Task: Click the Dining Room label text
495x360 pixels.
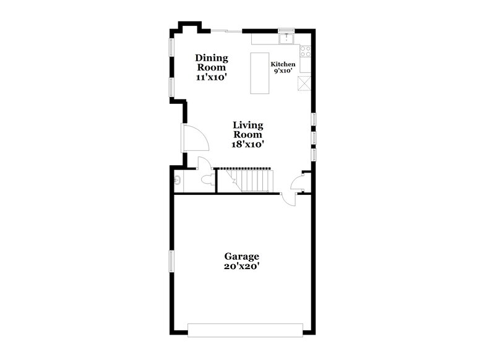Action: pyautogui.click(x=212, y=62)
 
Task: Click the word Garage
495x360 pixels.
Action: pyautogui.click(x=241, y=256)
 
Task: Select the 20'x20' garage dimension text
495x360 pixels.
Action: pyautogui.click(x=241, y=267)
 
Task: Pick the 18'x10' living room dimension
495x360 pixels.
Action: pyautogui.click(x=248, y=144)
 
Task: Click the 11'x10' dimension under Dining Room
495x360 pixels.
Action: pyautogui.click(x=212, y=77)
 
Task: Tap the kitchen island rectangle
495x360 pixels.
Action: pyautogui.click(x=260, y=73)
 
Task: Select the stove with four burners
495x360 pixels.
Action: pyautogui.click(x=304, y=51)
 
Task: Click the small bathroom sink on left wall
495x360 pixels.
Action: pyautogui.click(x=178, y=181)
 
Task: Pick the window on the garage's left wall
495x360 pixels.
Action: pyautogui.click(x=173, y=260)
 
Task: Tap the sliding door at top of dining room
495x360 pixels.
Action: pyautogui.click(x=226, y=30)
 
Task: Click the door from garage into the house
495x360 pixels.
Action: pyautogui.click(x=287, y=197)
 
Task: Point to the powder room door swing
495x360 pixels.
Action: pyautogui.click(x=205, y=163)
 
